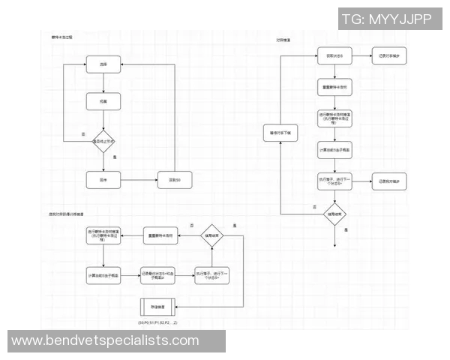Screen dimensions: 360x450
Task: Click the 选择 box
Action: pos(102,65)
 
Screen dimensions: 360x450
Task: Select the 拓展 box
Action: pos(102,100)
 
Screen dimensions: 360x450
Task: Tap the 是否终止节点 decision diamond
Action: pos(103,141)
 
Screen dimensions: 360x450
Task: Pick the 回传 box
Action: pos(102,180)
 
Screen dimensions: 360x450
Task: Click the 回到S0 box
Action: pos(173,180)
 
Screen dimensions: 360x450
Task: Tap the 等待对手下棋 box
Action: pos(279,133)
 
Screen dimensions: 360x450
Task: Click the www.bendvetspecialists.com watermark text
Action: pos(105,341)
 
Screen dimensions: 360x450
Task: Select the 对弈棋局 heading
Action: pos(284,37)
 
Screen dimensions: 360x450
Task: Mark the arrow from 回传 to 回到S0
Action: pos(139,180)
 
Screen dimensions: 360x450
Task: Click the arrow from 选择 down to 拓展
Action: pos(102,82)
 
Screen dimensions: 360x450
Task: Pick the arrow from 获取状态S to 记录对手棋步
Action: pos(362,57)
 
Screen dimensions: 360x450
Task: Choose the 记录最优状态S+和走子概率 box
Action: pos(157,274)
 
